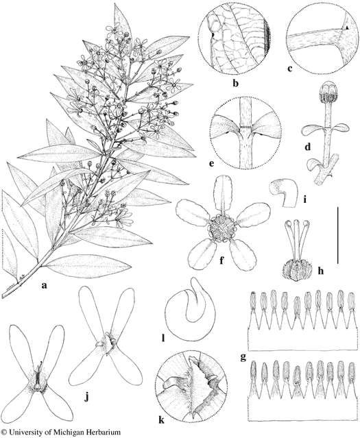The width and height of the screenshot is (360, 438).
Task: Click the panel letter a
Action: pyautogui.click(x=43, y=285)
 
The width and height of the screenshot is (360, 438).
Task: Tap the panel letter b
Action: pyautogui.click(x=235, y=83)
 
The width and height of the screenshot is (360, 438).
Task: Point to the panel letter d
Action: pyautogui.click(x=308, y=147)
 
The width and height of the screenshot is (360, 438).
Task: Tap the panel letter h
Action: pyautogui.click(x=321, y=270)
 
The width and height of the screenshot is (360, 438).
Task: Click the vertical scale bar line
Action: pyautogui.click(x=338, y=235)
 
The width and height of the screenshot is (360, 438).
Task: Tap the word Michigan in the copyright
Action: pyautogui.click(x=65, y=433)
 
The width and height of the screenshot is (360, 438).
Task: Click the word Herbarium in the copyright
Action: pyautogui.click(x=100, y=432)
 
